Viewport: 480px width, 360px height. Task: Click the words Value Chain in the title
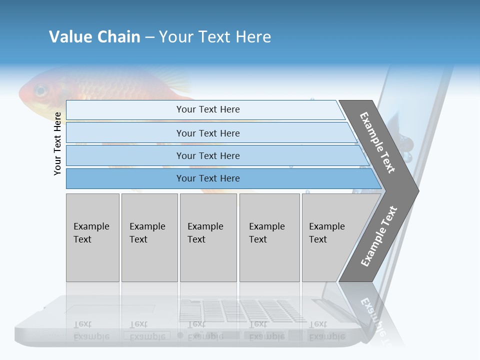(x=94, y=36)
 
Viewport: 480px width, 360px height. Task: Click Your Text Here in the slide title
(x=215, y=36)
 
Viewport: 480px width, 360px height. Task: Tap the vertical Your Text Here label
(x=57, y=143)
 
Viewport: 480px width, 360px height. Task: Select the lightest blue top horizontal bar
(x=207, y=109)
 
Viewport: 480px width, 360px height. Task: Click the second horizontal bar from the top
(x=207, y=133)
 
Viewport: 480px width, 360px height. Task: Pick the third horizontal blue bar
(x=207, y=155)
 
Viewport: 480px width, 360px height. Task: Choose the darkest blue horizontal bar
(x=207, y=178)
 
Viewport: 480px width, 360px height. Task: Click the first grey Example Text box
(x=92, y=237)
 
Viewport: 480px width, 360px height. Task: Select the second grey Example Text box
(x=149, y=237)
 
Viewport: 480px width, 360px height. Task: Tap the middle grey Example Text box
(x=208, y=237)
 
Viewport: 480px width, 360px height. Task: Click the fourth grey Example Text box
(x=269, y=237)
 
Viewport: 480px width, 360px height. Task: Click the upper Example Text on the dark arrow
(x=377, y=142)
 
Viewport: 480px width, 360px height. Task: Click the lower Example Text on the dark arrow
(x=378, y=236)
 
